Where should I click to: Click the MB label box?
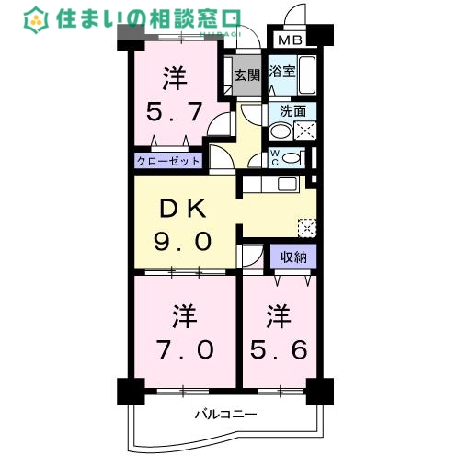click(x=289, y=40)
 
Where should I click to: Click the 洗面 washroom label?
click(x=292, y=111)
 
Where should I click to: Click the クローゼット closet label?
click(x=168, y=160)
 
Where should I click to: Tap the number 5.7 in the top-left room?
click(x=175, y=113)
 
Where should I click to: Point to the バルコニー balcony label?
click(x=225, y=415)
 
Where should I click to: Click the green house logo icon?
click(x=36, y=18)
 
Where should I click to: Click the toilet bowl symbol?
click(x=294, y=158)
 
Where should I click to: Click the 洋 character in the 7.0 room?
click(x=181, y=317)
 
